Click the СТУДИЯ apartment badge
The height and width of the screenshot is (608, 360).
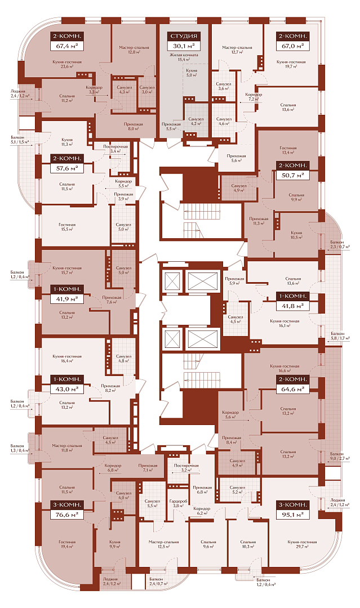click(x=184, y=36)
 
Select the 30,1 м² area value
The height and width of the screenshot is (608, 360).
click(x=184, y=46)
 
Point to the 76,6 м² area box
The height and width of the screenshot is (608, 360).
click(x=67, y=515)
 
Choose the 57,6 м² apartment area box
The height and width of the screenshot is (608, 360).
click(x=67, y=168)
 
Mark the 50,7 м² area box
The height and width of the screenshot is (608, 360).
click(x=292, y=175)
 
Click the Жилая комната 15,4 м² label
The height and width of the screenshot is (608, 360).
click(x=184, y=57)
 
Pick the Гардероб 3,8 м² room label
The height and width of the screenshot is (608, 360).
click(x=178, y=503)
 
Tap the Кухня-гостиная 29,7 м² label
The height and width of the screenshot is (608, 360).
click(x=302, y=544)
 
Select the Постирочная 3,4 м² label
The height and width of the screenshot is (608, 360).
click(x=115, y=149)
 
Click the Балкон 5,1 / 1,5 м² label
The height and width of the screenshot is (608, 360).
click(x=21, y=140)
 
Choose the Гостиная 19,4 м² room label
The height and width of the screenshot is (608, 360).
click(x=67, y=544)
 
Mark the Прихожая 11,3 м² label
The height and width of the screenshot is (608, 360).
click(x=259, y=221)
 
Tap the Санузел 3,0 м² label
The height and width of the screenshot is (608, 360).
click(x=147, y=90)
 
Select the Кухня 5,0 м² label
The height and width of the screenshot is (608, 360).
click(x=192, y=73)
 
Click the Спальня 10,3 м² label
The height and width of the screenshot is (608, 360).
click(x=248, y=544)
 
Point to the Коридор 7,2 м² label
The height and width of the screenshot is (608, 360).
click(x=254, y=97)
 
